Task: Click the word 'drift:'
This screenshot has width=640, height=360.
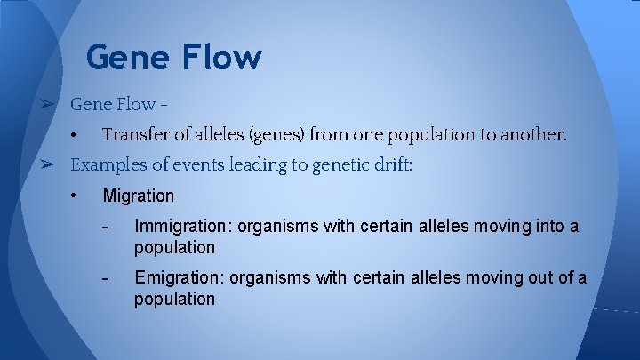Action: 391,164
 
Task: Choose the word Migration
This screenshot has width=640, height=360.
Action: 139,196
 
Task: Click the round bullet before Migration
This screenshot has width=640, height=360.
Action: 75,196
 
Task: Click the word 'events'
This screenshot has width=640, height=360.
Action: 199,164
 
